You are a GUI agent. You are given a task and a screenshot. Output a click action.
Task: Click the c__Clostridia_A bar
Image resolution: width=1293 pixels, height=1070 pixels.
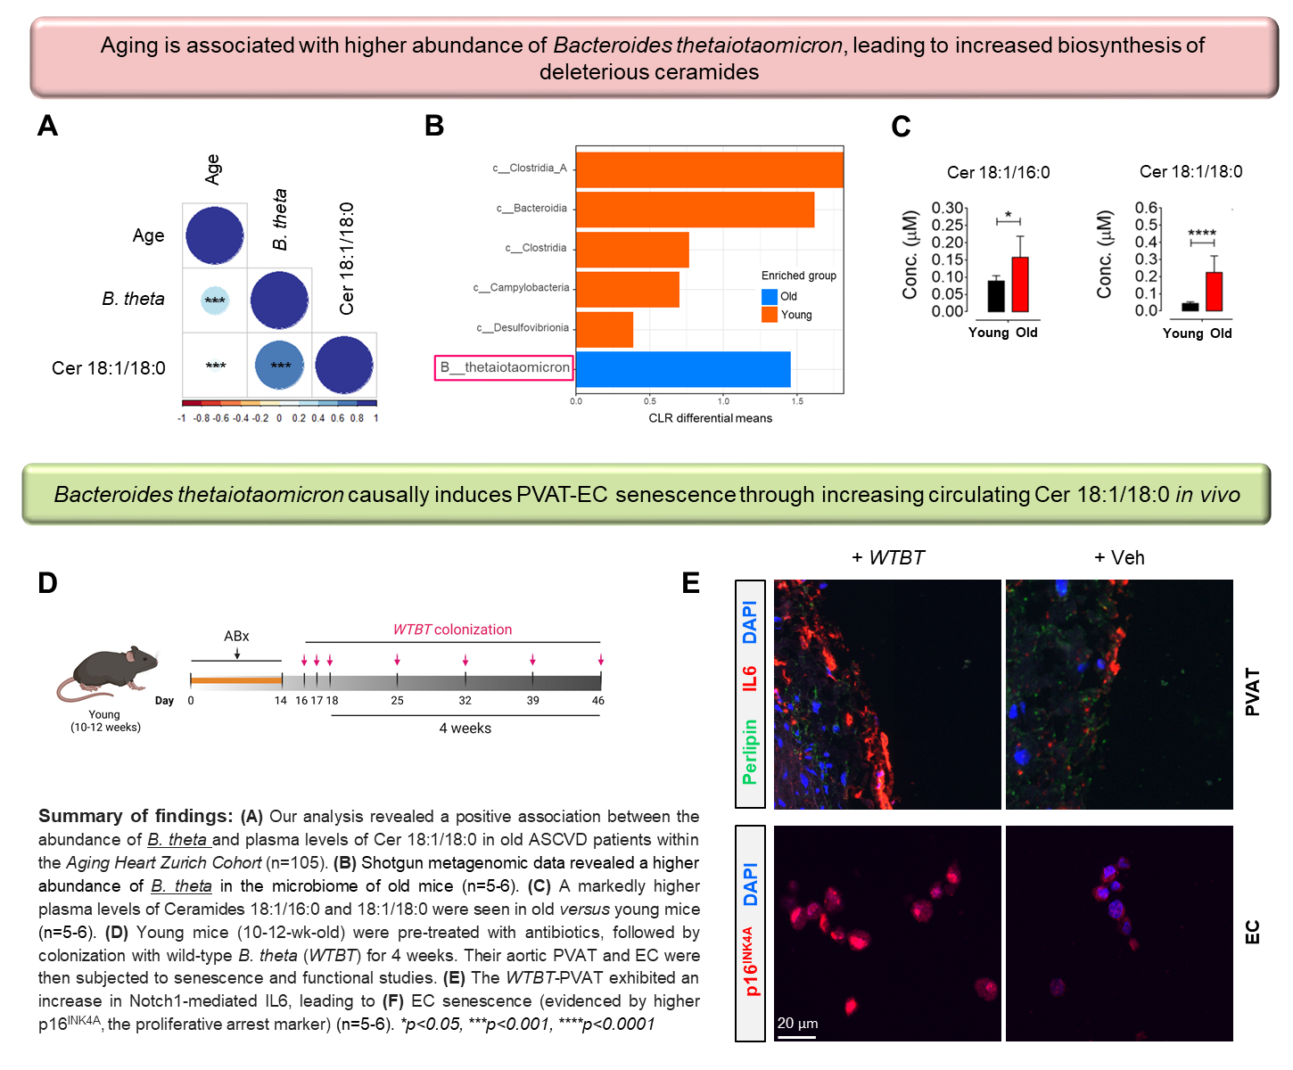pos(709,169)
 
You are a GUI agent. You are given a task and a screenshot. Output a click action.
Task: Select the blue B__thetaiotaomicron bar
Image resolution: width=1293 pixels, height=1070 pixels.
pos(683,369)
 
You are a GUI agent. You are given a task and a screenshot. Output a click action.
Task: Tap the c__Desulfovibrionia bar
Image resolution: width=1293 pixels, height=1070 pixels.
pos(605,329)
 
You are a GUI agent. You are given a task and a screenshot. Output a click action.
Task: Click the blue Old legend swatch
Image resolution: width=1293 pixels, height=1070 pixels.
pos(770,297)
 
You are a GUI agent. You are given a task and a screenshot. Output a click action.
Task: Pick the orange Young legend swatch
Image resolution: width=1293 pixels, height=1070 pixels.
pos(770,315)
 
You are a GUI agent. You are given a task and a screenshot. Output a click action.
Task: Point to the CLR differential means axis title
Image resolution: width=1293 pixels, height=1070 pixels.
pos(710,418)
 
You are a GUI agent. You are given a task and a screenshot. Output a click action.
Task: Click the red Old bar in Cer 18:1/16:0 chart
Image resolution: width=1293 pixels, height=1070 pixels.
pos(1020,284)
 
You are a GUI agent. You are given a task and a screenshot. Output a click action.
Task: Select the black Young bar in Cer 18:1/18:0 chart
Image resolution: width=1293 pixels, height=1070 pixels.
pos(1190,307)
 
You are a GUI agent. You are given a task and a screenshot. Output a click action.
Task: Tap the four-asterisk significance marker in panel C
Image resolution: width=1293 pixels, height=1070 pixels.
pos(1202,234)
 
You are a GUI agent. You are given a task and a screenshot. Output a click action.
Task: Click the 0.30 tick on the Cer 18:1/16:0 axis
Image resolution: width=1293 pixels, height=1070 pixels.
pos(947,208)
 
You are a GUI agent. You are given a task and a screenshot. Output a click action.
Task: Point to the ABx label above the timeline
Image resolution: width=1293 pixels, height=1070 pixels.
pos(236,636)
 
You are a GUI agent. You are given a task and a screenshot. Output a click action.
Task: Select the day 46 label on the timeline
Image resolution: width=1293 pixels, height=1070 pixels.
pos(598,701)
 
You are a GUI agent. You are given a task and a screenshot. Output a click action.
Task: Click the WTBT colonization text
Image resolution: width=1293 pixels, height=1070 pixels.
pos(452,630)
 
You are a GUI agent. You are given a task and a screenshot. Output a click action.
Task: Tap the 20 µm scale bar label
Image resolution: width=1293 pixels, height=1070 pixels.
pos(797,1023)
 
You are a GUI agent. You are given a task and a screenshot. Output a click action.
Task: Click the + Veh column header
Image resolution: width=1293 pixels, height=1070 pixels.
pos(1119,558)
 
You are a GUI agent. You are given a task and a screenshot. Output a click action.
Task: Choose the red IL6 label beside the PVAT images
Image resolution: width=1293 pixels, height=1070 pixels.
pos(750,678)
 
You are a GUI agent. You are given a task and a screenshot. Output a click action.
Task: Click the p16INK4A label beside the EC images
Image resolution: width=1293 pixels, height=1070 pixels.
pos(750,960)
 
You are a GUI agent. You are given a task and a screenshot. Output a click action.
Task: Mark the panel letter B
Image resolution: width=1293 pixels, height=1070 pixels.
pos(434,127)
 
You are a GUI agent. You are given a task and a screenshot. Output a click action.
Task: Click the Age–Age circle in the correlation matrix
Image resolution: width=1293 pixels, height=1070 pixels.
pos(215,235)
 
